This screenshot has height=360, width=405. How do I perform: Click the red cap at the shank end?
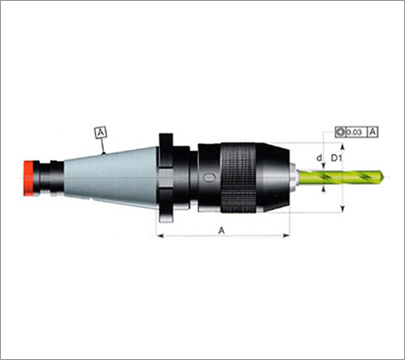pos(28,179)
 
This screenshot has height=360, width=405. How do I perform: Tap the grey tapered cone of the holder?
pos(111,178)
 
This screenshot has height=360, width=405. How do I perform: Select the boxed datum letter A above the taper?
pos(101,132)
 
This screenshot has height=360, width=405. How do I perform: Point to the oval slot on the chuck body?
pos(210,178)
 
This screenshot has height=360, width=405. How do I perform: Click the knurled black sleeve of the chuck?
pos(238,178)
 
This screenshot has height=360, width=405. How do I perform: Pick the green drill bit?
pos(342,178)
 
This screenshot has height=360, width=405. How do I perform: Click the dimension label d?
pos(319,158)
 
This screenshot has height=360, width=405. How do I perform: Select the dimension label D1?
pos(336,158)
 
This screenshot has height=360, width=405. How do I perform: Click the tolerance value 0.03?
pos(354,132)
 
